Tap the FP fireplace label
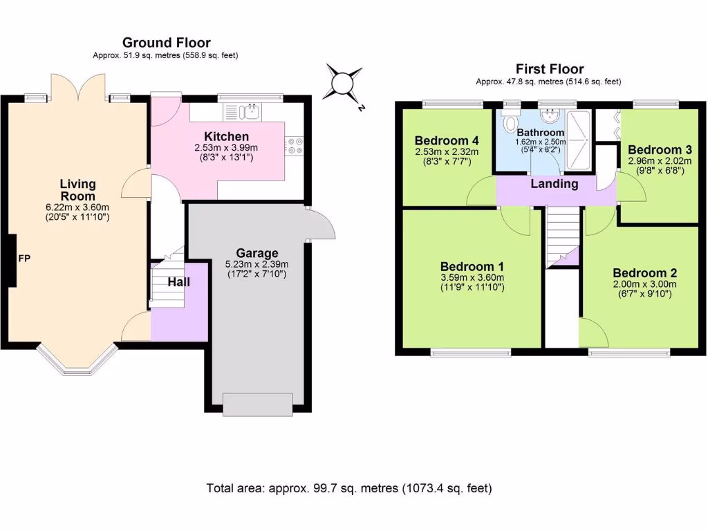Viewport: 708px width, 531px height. click(24, 259)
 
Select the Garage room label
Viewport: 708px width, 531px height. click(257, 253)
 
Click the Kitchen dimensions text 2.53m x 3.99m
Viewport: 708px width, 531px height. click(226, 148)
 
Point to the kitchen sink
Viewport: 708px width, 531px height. click(249, 111)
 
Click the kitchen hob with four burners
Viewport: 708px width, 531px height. click(294, 145)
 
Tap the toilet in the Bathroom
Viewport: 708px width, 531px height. click(511, 120)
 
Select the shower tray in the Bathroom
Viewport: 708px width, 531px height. click(579, 140)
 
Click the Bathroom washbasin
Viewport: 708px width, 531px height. click(550, 115)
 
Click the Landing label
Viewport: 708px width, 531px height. click(554, 184)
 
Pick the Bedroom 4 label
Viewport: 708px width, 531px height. click(447, 141)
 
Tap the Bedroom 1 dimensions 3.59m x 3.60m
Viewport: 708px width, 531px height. click(472, 278)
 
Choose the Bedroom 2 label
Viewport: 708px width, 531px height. click(645, 273)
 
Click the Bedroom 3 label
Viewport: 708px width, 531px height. click(660, 150)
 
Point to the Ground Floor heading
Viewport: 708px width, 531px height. click(166, 43)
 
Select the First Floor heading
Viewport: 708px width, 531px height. click(550, 69)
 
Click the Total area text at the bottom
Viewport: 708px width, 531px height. click(349, 488)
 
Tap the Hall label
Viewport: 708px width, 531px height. click(179, 282)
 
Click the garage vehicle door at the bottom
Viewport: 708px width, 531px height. click(258, 404)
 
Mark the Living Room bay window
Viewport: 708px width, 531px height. click(77, 361)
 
